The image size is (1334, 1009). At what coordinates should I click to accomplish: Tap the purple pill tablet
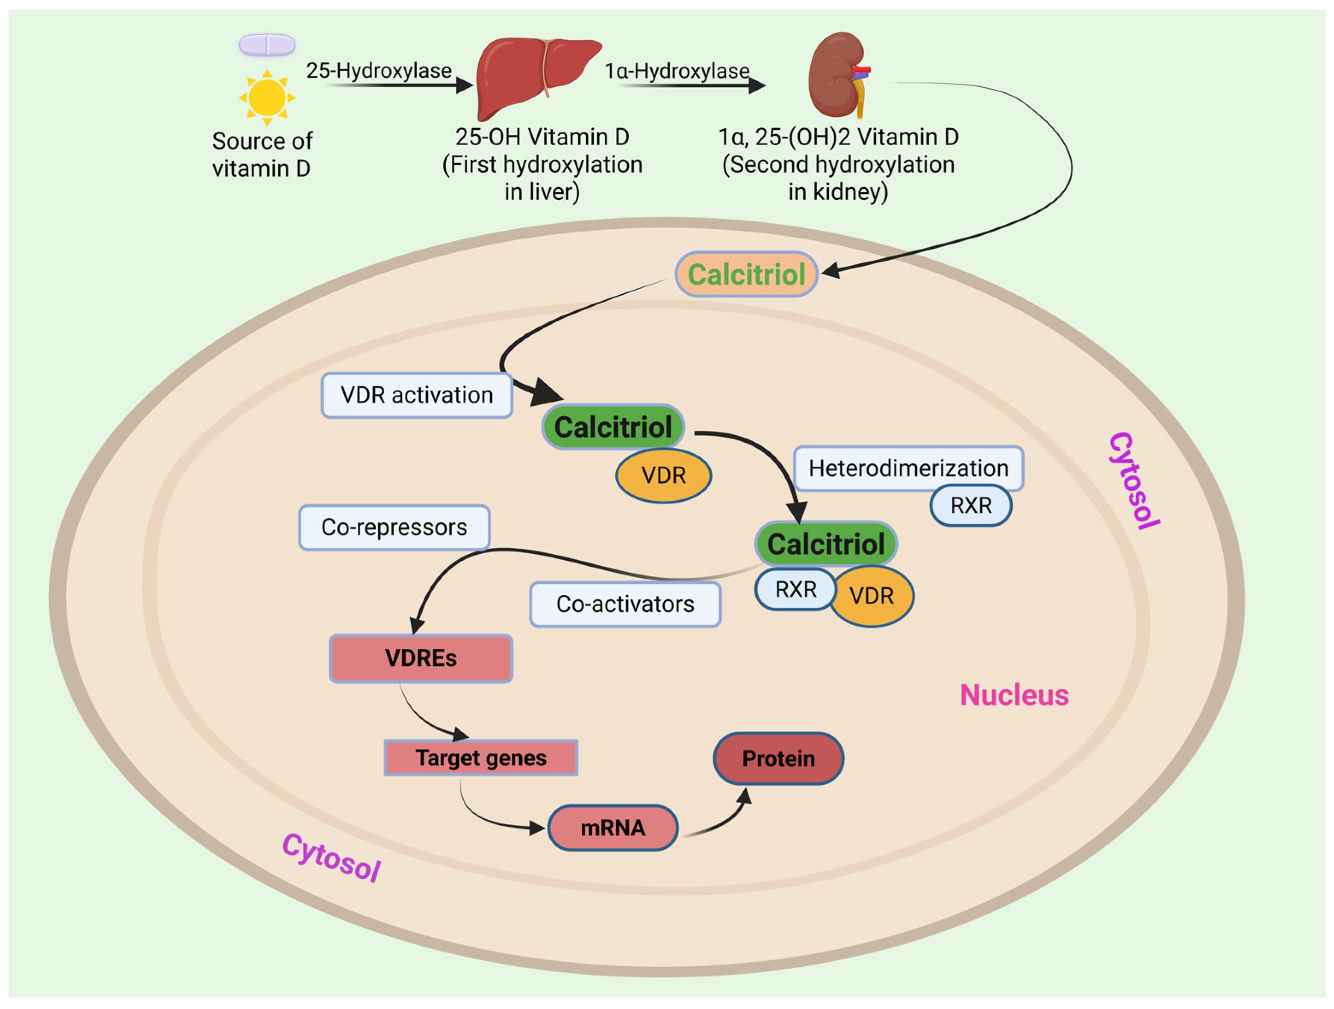(267, 44)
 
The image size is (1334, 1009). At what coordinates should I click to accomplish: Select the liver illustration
(531, 75)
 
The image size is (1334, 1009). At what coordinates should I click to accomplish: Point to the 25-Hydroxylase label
(379, 71)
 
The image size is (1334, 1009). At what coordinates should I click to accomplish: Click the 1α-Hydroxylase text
(677, 71)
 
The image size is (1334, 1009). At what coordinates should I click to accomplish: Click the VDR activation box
(417, 395)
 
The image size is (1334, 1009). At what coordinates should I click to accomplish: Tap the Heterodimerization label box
(908, 468)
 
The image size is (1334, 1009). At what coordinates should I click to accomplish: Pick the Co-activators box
(625, 604)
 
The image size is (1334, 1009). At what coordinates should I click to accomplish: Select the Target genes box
(481, 758)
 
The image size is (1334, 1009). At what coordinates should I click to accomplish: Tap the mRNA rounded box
(613, 827)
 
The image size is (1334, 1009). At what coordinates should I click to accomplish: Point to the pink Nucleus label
(1014, 695)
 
